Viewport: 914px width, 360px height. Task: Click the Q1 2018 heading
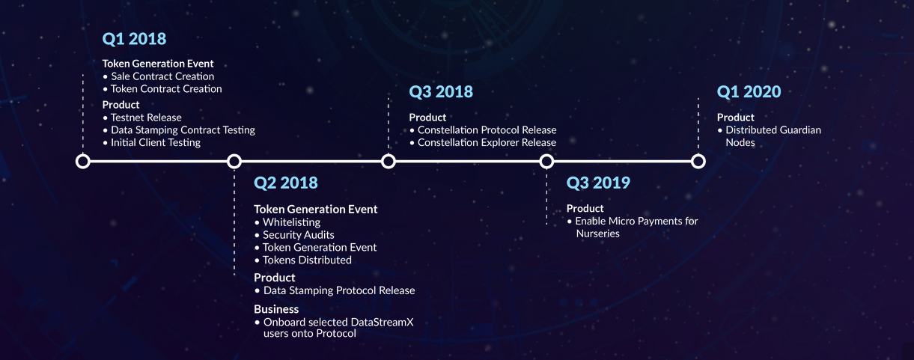(134, 39)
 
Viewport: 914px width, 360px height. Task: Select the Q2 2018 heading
(286, 183)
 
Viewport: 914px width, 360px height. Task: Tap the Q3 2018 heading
(441, 92)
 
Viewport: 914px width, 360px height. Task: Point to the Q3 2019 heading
(598, 183)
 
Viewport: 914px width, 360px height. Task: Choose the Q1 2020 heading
(749, 92)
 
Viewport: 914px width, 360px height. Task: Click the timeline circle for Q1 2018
(83, 162)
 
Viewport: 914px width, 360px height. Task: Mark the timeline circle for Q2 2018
(234, 162)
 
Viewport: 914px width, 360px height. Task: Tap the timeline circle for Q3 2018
(389, 162)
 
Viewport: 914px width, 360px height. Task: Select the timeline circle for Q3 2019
(546, 162)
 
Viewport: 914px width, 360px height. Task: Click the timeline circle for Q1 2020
(698, 162)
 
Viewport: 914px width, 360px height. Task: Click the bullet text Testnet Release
(146, 118)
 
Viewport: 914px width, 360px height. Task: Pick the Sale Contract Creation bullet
(162, 76)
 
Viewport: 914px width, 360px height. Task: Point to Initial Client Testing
(156, 142)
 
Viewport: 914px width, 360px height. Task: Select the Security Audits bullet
(298, 235)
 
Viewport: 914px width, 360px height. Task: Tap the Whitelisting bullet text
(291, 222)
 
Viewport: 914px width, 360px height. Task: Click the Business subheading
(276, 309)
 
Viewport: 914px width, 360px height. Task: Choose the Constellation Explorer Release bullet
(487, 142)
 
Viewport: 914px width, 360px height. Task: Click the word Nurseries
(598, 234)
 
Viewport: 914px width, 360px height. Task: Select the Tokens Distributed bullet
(307, 260)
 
